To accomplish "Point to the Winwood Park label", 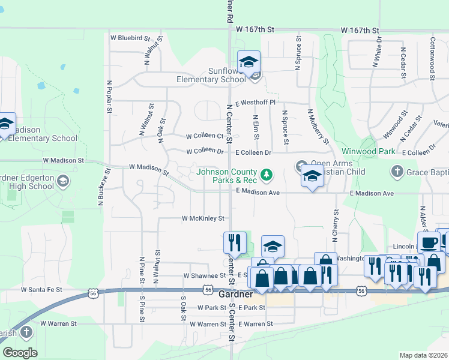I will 369,151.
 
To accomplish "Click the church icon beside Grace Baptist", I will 396,173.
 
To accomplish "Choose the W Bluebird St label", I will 130,37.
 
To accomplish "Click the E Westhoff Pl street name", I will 255,103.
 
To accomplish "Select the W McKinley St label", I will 203,218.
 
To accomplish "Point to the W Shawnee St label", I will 203,275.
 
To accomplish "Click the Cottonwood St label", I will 432,57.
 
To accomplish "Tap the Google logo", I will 20,352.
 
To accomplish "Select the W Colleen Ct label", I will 204,136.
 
